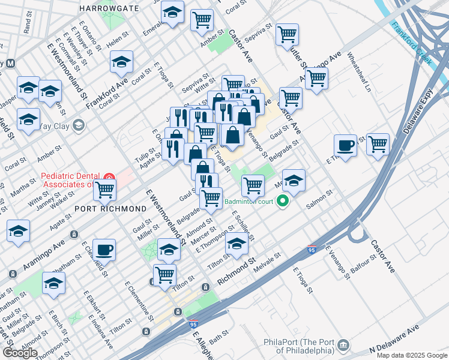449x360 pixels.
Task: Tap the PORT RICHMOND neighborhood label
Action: pos(110,208)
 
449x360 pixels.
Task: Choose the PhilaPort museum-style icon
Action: pos(343,345)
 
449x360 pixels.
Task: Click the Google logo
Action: pos(20,353)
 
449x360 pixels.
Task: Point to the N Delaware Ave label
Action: pos(394,340)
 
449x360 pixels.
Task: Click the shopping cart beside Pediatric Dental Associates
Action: pos(105,190)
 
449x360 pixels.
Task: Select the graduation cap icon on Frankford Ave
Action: pos(121,62)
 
